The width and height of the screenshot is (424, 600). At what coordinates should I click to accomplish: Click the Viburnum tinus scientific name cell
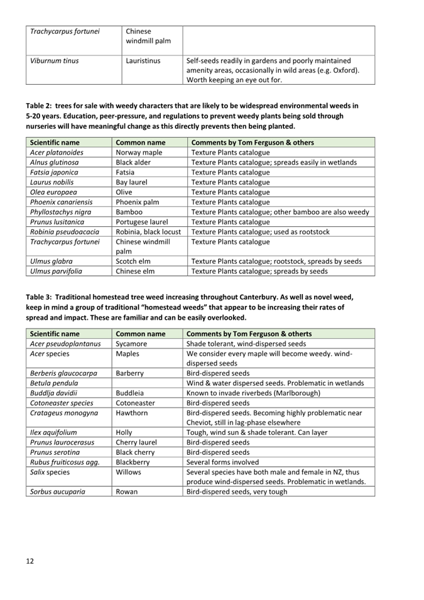pyautogui.click(x=54, y=61)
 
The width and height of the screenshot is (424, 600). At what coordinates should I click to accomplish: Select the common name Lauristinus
pyautogui.click(x=143, y=61)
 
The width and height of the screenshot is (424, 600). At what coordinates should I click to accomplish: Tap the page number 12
pyautogui.click(x=30, y=560)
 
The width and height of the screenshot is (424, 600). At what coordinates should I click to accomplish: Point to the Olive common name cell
pyautogui.click(x=124, y=192)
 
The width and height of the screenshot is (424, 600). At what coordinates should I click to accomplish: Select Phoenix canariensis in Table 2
pyautogui.click(x=62, y=202)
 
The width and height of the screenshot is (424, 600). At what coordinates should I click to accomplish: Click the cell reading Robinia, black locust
pyautogui.click(x=149, y=232)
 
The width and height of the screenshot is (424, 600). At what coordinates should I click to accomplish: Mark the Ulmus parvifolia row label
pyautogui.click(x=56, y=271)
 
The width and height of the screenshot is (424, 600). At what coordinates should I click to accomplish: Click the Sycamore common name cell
pyautogui.click(x=132, y=344)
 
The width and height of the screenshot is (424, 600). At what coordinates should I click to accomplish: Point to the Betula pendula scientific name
pyautogui.click(x=54, y=383)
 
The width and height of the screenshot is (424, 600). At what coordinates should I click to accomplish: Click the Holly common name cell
pyautogui.click(x=126, y=432)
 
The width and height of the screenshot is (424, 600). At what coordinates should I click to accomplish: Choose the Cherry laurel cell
pyautogui.click(x=136, y=442)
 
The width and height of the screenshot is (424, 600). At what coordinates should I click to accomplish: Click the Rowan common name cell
pyautogui.click(x=128, y=492)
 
